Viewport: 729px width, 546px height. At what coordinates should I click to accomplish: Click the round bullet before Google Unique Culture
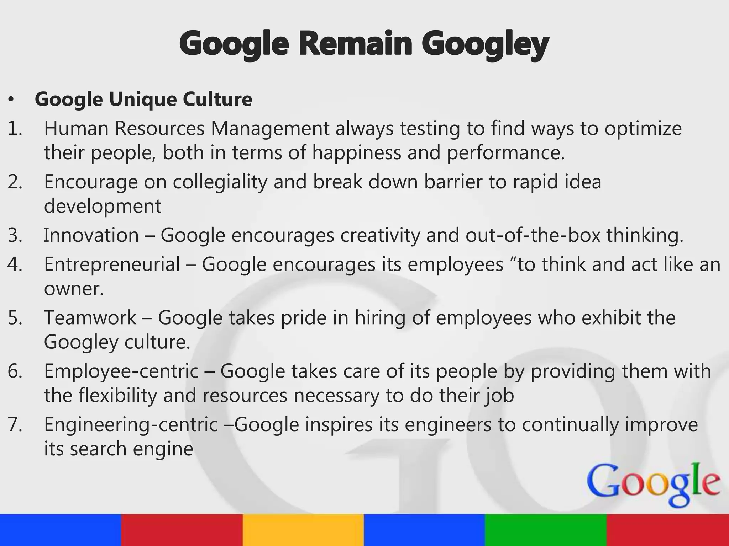point(11,100)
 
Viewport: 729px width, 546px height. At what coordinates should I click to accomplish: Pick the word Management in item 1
point(270,129)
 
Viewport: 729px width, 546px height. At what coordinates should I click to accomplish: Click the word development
point(103,206)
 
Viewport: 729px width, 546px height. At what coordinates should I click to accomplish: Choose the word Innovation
point(91,235)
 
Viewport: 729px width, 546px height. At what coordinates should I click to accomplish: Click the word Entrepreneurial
point(112,264)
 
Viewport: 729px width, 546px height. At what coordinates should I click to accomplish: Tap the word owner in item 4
point(73,289)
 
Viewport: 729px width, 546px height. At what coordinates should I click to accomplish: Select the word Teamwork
point(90,318)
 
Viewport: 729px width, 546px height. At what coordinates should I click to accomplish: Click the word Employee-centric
point(121,371)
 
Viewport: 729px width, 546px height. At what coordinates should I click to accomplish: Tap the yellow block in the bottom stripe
point(303,530)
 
